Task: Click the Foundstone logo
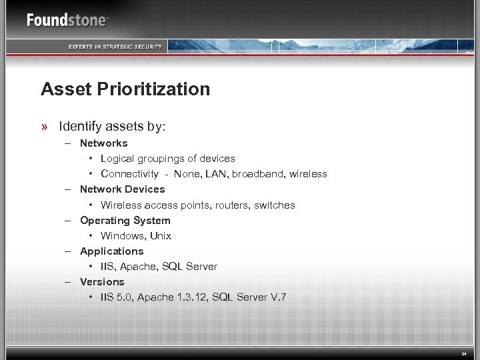coord(67,20)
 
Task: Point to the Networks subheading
coord(103,143)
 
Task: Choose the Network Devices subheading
coord(122,189)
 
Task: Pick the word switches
coord(273,205)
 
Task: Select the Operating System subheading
coord(125,220)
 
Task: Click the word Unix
coord(161,236)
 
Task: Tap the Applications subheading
coord(111,251)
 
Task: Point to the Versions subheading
coord(102,282)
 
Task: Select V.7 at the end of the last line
coord(277,297)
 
